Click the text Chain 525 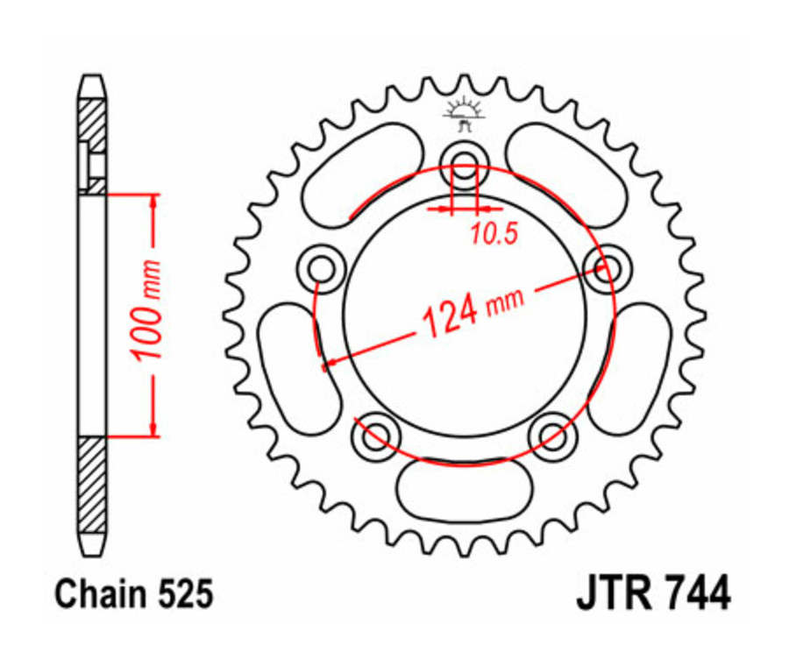[134, 595]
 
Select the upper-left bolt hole [321, 267]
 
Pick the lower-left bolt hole [377, 433]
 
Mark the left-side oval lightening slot [297, 367]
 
